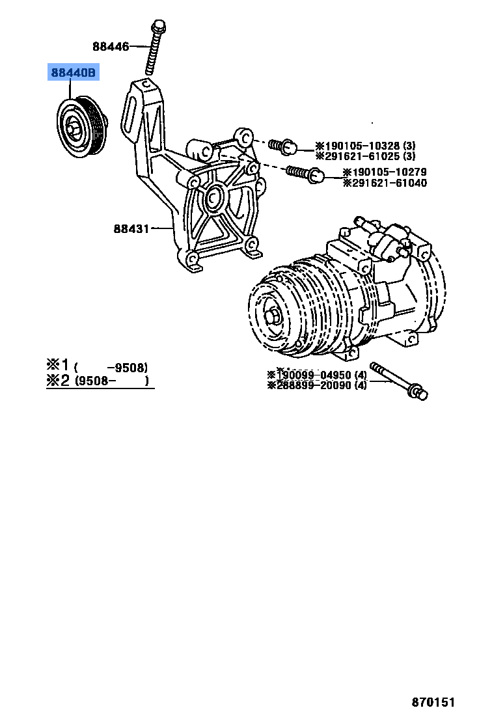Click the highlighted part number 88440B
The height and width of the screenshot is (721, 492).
pos(73,74)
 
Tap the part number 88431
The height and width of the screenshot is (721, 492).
pos(131,228)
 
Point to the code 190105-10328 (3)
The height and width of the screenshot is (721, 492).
pos(365,146)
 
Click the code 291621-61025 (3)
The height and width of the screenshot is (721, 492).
pos(365,156)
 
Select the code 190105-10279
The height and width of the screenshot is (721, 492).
pos(385,172)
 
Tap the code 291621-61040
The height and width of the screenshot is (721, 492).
pos(385,183)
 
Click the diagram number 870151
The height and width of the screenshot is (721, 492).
pos(433,702)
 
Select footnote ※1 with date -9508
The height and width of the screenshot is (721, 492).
pos(97,366)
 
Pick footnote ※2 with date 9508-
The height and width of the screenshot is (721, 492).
pos(97,381)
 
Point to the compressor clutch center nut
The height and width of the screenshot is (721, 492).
pos(272,316)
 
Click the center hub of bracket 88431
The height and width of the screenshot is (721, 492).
pos(214,198)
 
